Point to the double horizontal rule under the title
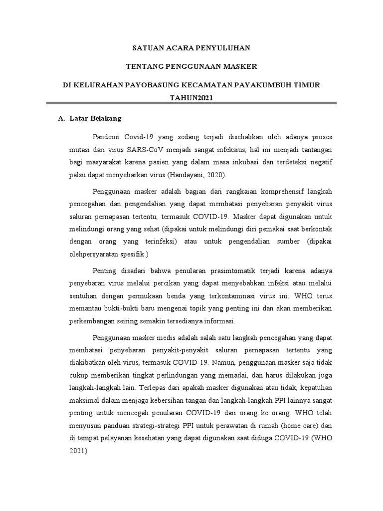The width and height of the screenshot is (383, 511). click(191, 104)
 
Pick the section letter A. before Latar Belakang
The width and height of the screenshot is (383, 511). click(62, 119)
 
